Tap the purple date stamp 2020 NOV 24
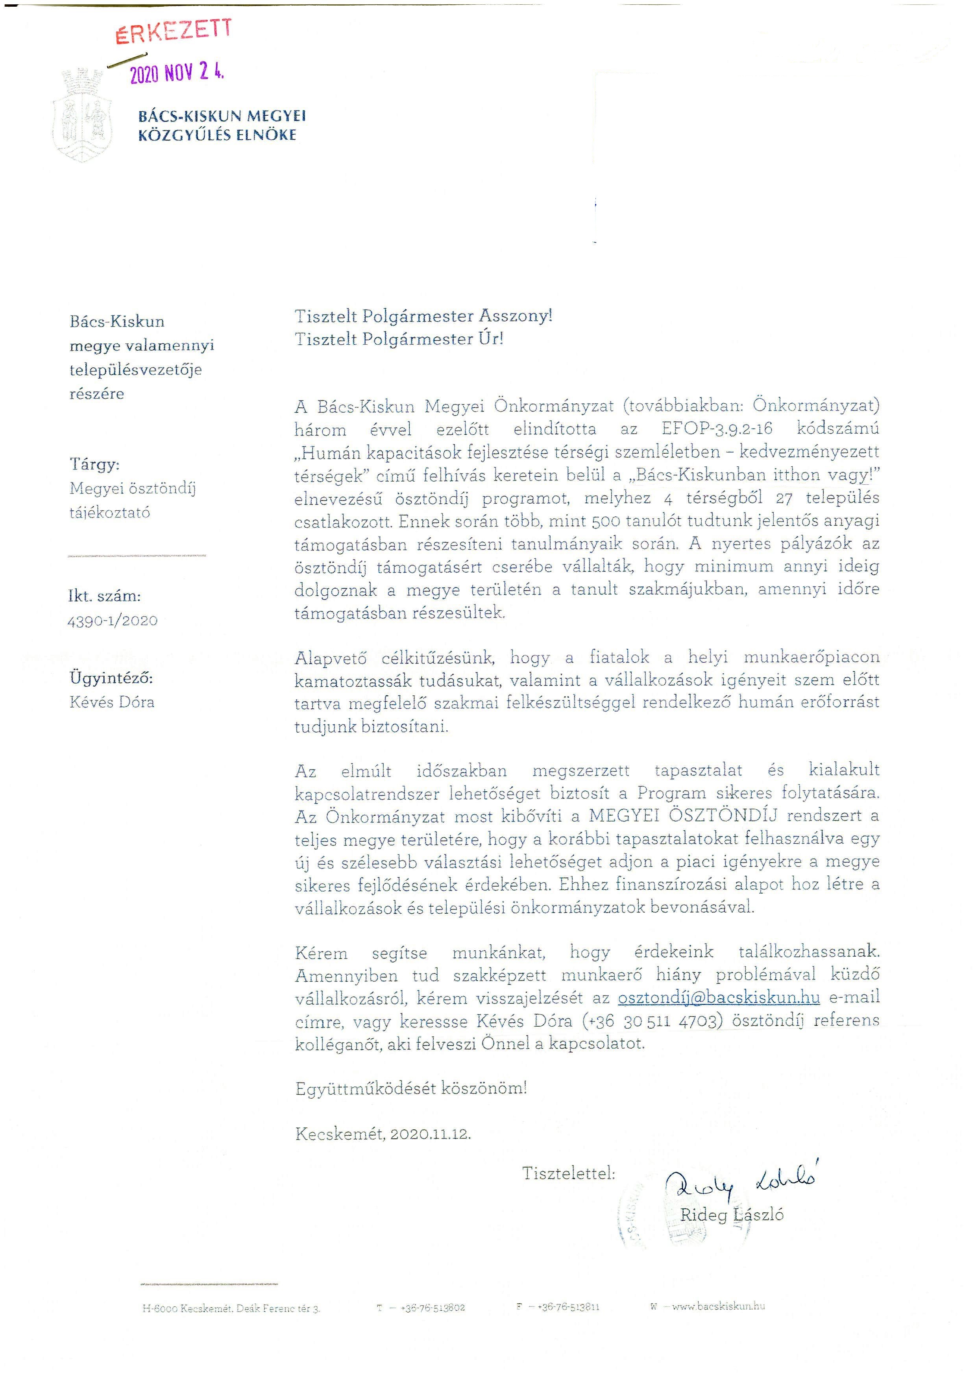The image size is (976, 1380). pos(177,73)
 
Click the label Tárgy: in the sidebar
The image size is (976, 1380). pos(94,464)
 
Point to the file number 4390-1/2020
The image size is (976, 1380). pos(113,621)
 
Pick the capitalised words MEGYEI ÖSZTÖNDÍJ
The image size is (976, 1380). pos(683,816)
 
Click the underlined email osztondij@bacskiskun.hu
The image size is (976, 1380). pos(719,997)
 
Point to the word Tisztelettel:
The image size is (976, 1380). pos(569,1173)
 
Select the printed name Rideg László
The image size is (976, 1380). pos(731,1215)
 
